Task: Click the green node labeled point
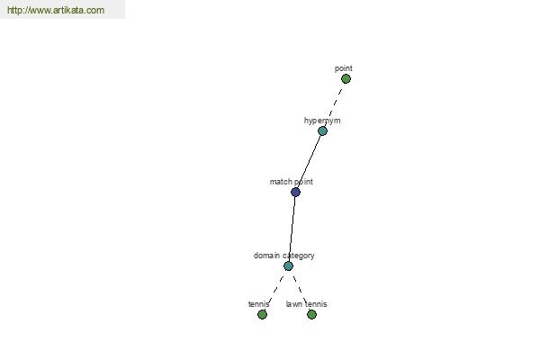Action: (x=346, y=79)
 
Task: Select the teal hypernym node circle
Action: (x=322, y=130)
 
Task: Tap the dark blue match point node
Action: (x=295, y=192)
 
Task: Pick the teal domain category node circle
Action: (x=288, y=266)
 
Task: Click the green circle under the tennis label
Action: (x=263, y=314)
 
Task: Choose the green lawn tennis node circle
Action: (x=311, y=314)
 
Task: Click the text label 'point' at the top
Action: (x=344, y=68)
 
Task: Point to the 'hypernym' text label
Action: (x=322, y=121)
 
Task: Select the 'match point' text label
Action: (x=292, y=182)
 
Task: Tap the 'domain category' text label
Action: (x=283, y=256)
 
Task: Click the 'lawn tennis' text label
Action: (x=306, y=304)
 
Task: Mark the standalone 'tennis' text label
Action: (x=258, y=304)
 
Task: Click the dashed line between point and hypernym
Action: (x=335, y=103)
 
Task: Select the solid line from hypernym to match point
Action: (x=309, y=162)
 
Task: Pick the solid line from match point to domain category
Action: (x=292, y=229)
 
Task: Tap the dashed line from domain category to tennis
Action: (x=276, y=289)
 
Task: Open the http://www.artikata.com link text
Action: (x=56, y=10)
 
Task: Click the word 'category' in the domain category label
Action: (x=298, y=256)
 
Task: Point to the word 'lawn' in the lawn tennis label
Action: (x=294, y=304)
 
